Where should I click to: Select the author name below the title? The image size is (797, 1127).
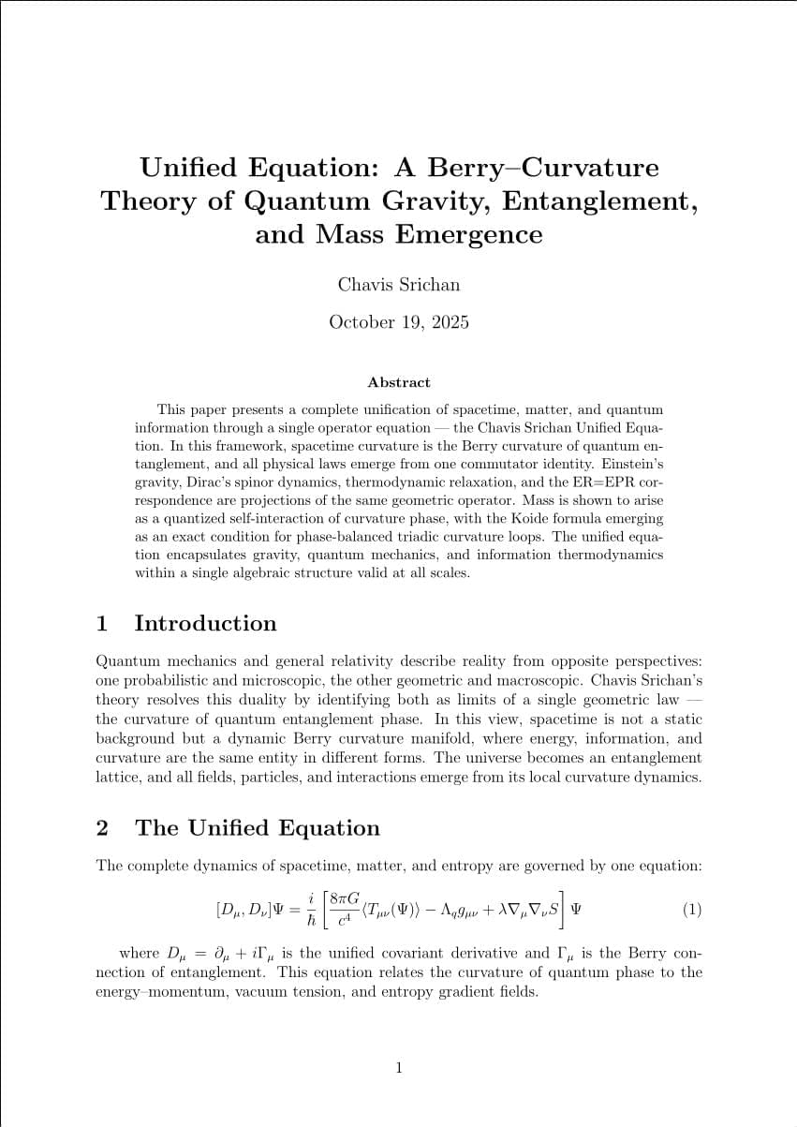[x=399, y=284]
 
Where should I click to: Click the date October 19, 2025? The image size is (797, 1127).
[x=399, y=322]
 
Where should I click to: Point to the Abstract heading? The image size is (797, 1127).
[x=399, y=382]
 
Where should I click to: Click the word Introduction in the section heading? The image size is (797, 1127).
[x=205, y=624]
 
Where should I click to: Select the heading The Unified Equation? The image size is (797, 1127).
[x=258, y=828]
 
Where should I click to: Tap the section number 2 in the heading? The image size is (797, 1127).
[x=102, y=828]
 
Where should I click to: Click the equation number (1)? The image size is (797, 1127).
[x=691, y=910]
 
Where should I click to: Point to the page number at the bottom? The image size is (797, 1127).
[x=399, y=1067]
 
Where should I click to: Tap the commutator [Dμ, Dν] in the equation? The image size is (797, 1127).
[x=243, y=910]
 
